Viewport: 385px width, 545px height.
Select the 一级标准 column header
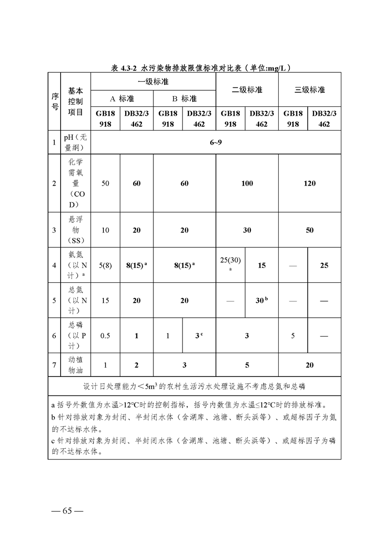pyautogui.click(x=153, y=82)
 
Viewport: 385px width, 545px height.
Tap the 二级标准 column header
pyautogui.click(x=247, y=90)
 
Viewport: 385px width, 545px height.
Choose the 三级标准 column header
pyautogui.click(x=309, y=90)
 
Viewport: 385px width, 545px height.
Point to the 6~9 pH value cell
pyautogui.click(x=216, y=142)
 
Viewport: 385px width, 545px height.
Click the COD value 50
pyautogui.click(x=105, y=184)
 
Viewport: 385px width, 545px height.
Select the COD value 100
pyautogui.click(x=247, y=184)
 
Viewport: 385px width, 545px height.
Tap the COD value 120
pyautogui.click(x=309, y=184)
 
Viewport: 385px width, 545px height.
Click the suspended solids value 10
pyautogui.click(x=105, y=230)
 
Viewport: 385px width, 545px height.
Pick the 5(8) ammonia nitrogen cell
pyautogui.click(x=105, y=266)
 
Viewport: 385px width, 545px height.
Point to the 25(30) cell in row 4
pyautogui.click(x=230, y=263)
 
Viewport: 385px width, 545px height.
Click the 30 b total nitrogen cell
pyautogui.click(x=262, y=301)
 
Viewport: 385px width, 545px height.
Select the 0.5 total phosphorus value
pyautogui.click(x=105, y=336)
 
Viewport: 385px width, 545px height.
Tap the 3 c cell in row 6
pyautogui.click(x=199, y=336)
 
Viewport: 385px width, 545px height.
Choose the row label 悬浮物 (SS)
pyautogui.click(x=75, y=230)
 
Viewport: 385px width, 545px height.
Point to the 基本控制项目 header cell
pyautogui.click(x=75, y=102)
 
